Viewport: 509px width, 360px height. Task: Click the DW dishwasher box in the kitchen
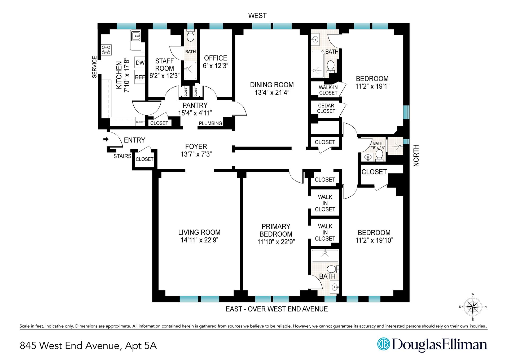coord(140,63)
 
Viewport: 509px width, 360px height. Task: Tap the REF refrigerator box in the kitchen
coord(140,77)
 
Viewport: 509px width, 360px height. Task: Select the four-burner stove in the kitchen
coord(106,50)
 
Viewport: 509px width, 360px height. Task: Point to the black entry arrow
coord(106,139)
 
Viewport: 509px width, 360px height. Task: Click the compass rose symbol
coord(473,307)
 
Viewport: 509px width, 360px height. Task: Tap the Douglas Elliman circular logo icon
coord(384,344)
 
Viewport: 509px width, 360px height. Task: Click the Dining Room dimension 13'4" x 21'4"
coord(272,92)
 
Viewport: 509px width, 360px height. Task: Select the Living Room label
coord(199,232)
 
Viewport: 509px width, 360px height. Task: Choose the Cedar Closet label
coord(326,108)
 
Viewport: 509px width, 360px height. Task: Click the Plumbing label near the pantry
coord(210,123)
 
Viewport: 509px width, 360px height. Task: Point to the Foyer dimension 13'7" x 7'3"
coord(196,154)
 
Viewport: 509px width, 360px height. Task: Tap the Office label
coord(216,58)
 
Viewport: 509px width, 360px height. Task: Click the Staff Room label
coord(165,64)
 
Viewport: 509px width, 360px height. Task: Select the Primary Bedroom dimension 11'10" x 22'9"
coord(276,242)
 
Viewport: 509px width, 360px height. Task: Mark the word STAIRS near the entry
coord(122,156)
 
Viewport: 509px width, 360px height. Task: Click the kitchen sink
coord(135,35)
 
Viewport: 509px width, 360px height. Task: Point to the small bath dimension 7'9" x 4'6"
coord(378,148)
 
